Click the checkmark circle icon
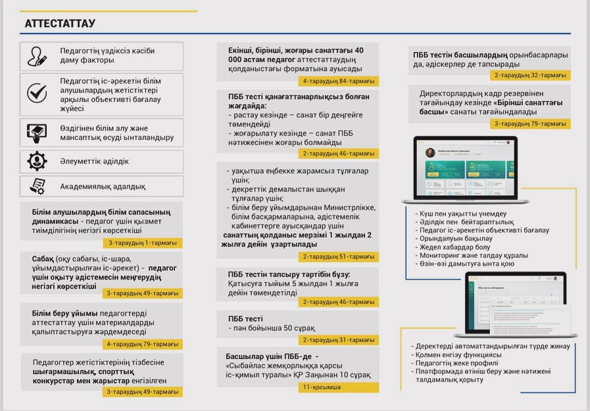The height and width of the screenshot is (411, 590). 37,93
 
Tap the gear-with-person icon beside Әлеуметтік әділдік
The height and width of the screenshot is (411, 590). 37,160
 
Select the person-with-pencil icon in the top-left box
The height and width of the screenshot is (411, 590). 37,57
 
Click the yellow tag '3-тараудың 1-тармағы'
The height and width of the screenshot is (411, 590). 143,243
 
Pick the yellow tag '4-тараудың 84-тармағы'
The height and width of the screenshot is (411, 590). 339,82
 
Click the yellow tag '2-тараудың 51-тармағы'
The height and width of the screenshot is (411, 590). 339,256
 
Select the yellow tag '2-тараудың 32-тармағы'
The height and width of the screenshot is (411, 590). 530,75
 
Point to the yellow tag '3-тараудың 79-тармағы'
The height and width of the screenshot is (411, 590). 530,123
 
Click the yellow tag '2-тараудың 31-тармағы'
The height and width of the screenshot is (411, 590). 339,340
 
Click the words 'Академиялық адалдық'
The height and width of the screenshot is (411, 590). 103,186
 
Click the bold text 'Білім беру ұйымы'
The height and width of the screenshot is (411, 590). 64,313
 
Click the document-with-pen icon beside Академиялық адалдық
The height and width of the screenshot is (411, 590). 37,186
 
